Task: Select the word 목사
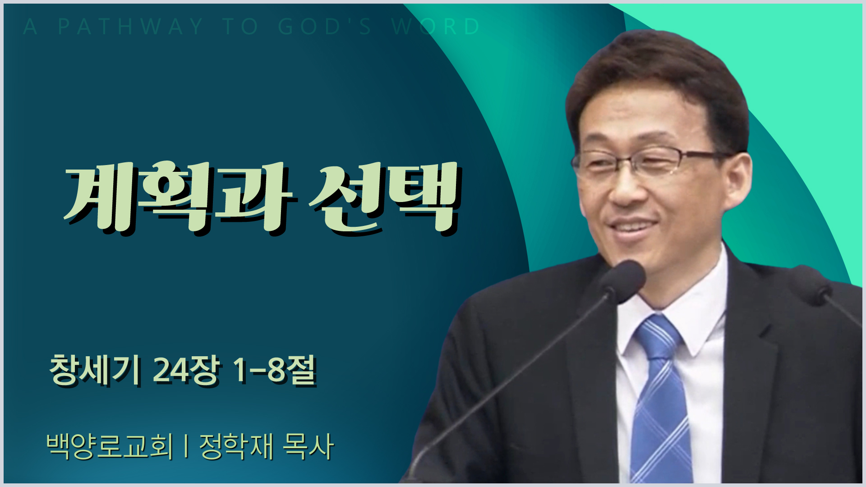coord(308,446)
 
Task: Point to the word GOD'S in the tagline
coord(325,27)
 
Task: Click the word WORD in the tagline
coord(436,27)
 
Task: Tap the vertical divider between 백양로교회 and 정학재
coord(186,446)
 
